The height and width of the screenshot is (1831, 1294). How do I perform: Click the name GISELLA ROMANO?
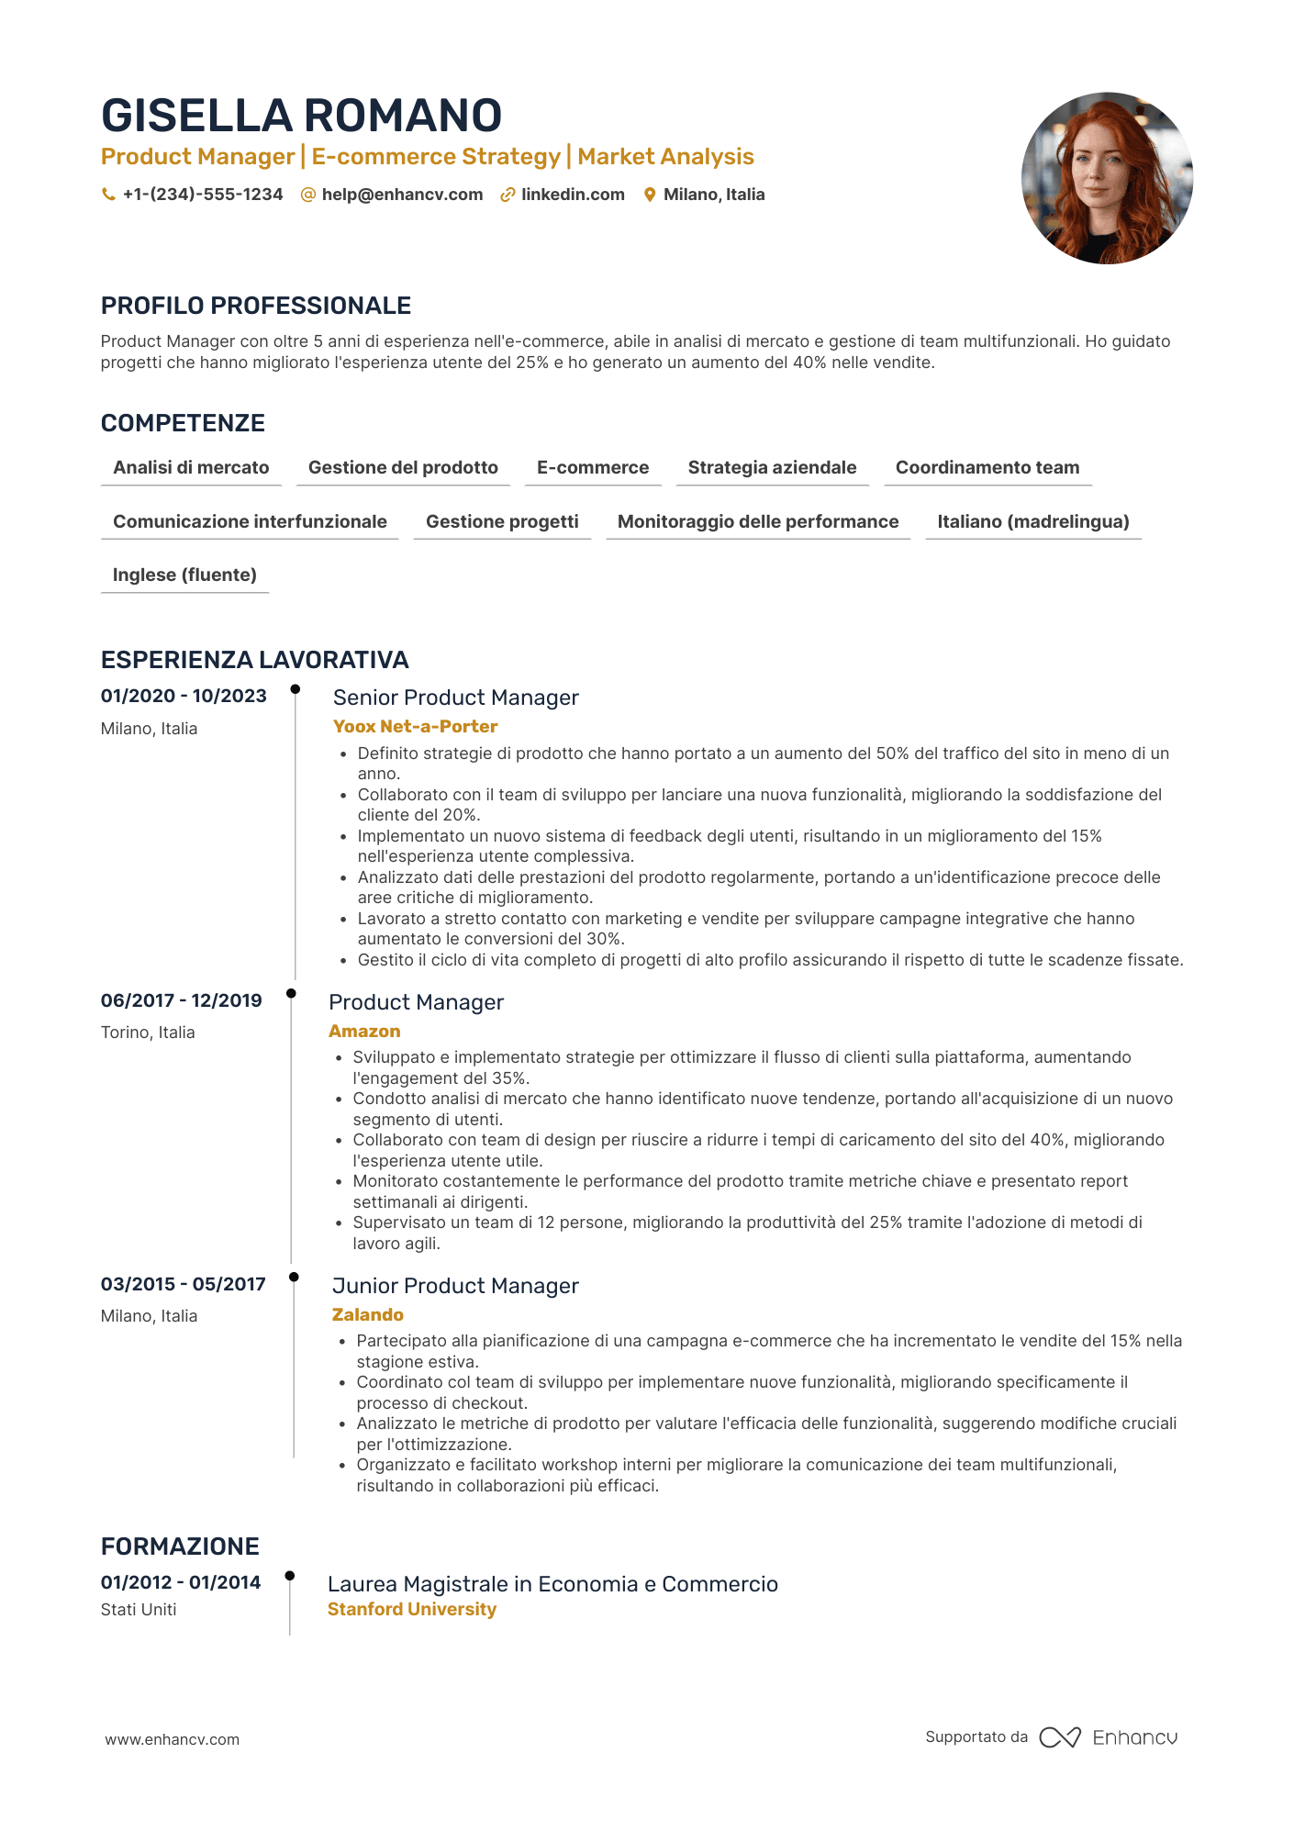pyautogui.click(x=301, y=116)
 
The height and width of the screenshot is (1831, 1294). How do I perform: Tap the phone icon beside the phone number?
pyautogui.click(x=108, y=195)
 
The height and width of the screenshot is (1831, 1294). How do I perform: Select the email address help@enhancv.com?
pyautogui.click(x=402, y=195)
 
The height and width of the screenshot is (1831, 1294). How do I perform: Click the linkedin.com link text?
pyautogui.click(x=573, y=195)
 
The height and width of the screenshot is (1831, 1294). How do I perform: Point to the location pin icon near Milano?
pyautogui.click(x=650, y=195)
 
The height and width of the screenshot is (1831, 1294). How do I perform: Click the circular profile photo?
pyautogui.click(x=1106, y=178)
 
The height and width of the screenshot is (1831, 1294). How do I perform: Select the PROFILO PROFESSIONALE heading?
pyautogui.click(x=256, y=306)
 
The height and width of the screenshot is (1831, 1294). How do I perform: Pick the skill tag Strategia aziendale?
pyautogui.click(x=772, y=467)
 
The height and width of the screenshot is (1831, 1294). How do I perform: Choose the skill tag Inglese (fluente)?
pyautogui.click(x=184, y=575)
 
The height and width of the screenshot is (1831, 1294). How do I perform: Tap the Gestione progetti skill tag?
pyautogui.click(x=502, y=521)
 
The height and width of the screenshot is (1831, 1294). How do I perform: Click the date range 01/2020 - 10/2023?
pyautogui.click(x=184, y=696)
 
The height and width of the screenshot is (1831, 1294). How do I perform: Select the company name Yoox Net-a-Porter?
pyautogui.click(x=415, y=726)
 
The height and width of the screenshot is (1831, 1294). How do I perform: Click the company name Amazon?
pyautogui.click(x=364, y=1031)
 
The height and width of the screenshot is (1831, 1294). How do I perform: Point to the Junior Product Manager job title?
pyautogui.click(x=455, y=1286)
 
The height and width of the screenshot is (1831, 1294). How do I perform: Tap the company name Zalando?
pyautogui.click(x=367, y=1314)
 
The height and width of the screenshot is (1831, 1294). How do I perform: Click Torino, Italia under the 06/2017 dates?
pyautogui.click(x=148, y=1033)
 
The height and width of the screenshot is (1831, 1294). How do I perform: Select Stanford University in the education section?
pyautogui.click(x=411, y=1609)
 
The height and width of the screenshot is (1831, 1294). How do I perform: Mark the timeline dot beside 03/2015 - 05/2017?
pyautogui.click(x=294, y=1277)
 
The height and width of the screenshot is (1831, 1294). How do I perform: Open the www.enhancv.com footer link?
pyautogui.click(x=172, y=1739)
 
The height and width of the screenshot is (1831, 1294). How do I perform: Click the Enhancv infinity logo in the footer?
pyautogui.click(x=1059, y=1737)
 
